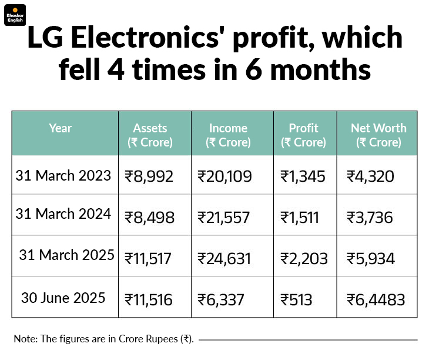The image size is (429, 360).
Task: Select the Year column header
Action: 61,128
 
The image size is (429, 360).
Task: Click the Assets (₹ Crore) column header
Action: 150,135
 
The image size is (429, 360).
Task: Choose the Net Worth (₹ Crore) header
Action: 378,135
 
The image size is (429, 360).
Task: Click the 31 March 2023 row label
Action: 63,175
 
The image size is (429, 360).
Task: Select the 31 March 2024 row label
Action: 63,214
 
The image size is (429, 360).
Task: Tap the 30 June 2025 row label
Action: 63,297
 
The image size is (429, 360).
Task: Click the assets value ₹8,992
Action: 149,176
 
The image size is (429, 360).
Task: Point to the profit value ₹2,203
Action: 304,259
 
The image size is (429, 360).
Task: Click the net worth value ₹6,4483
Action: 376,300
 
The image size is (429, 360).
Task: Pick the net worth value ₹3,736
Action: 370,218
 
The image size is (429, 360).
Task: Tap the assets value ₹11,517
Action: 149,259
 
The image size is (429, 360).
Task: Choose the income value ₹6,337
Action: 220,300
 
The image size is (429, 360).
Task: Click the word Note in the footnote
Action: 24,339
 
